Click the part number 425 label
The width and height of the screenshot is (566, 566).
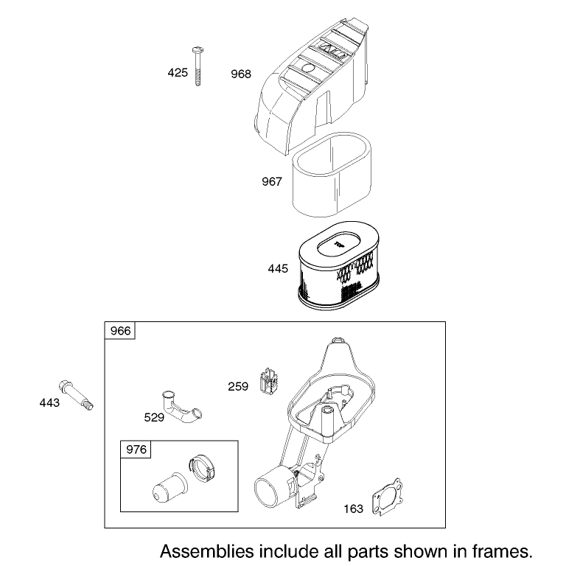(178, 73)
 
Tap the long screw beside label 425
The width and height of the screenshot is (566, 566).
(198, 66)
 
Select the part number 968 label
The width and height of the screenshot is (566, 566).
(241, 74)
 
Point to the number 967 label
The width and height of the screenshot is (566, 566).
(272, 181)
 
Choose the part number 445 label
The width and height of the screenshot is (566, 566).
(278, 268)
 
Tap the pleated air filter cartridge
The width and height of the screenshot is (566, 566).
(338, 265)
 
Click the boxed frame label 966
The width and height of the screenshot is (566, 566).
(120, 331)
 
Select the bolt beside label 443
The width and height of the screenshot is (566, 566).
(76, 395)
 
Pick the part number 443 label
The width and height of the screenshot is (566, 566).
(49, 403)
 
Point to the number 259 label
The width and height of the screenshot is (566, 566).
(238, 387)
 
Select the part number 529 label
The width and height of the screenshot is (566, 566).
(154, 418)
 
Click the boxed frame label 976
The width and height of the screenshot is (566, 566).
(136, 450)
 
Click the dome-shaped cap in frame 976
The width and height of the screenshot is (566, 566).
(169, 488)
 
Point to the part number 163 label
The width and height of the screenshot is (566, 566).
(354, 509)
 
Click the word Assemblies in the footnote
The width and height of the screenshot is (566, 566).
(207, 551)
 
